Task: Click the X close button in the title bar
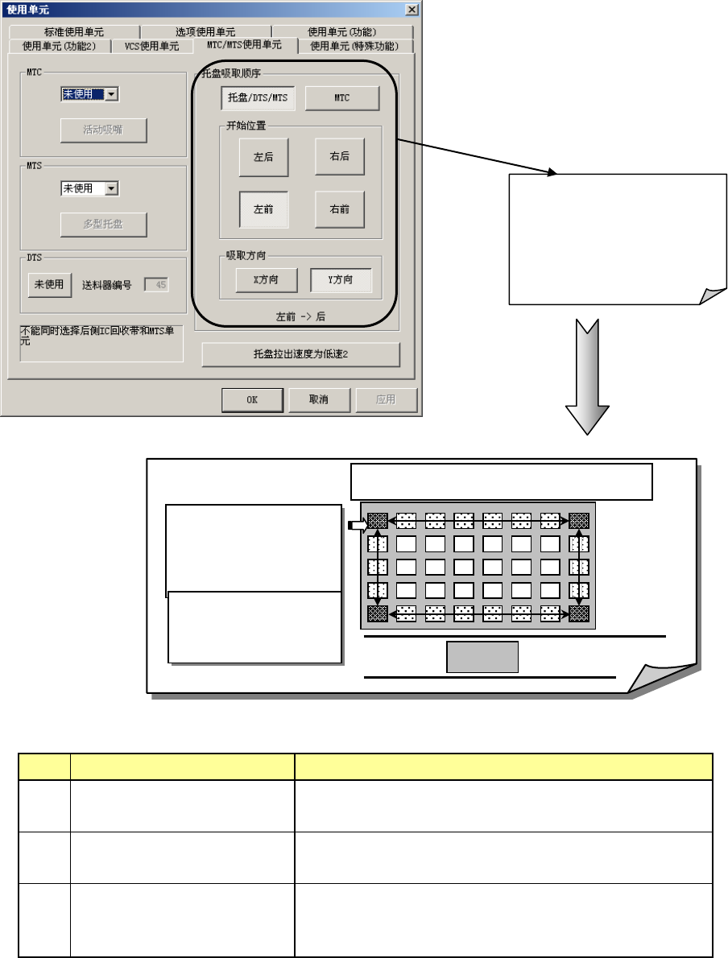(x=412, y=9)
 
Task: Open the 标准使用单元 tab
(x=74, y=32)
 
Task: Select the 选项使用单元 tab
(x=205, y=32)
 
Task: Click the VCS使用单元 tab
(x=151, y=46)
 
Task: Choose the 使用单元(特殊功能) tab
(x=354, y=46)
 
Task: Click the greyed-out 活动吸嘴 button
(x=103, y=130)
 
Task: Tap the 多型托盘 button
(x=103, y=224)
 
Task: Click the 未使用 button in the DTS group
(x=49, y=284)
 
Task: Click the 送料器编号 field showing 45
(x=156, y=284)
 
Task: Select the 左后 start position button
(x=263, y=157)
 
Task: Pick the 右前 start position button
(x=339, y=209)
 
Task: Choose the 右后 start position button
(x=339, y=157)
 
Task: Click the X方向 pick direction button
(x=266, y=279)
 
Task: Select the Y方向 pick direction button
(x=341, y=279)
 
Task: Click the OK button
(x=252, y=399)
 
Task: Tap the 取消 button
(x=319, y=399)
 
